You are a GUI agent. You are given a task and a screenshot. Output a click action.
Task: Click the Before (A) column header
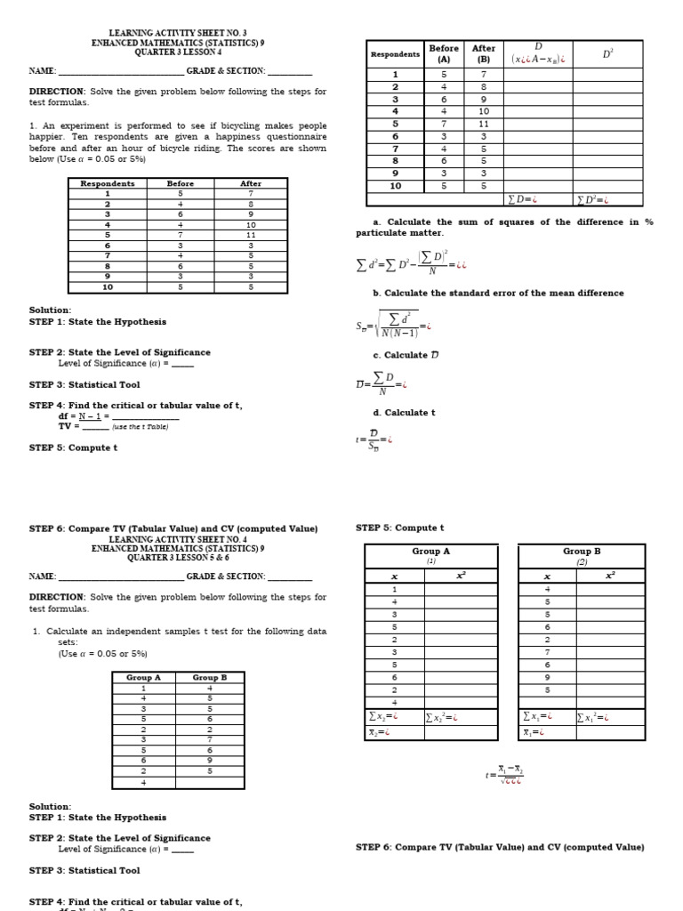[444, 53]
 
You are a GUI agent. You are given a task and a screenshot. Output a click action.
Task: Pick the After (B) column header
[484, 53]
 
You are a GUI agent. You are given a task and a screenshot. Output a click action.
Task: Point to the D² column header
[607, 53]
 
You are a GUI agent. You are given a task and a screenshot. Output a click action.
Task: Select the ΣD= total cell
[537, 199]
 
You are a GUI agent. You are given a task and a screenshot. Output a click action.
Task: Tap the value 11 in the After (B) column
[484, 124]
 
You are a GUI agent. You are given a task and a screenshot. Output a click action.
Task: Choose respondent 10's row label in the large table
[395, 186]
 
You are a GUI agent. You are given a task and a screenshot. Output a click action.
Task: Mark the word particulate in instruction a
[384, 233]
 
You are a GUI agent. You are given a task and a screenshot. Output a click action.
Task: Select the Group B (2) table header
[582, 555]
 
